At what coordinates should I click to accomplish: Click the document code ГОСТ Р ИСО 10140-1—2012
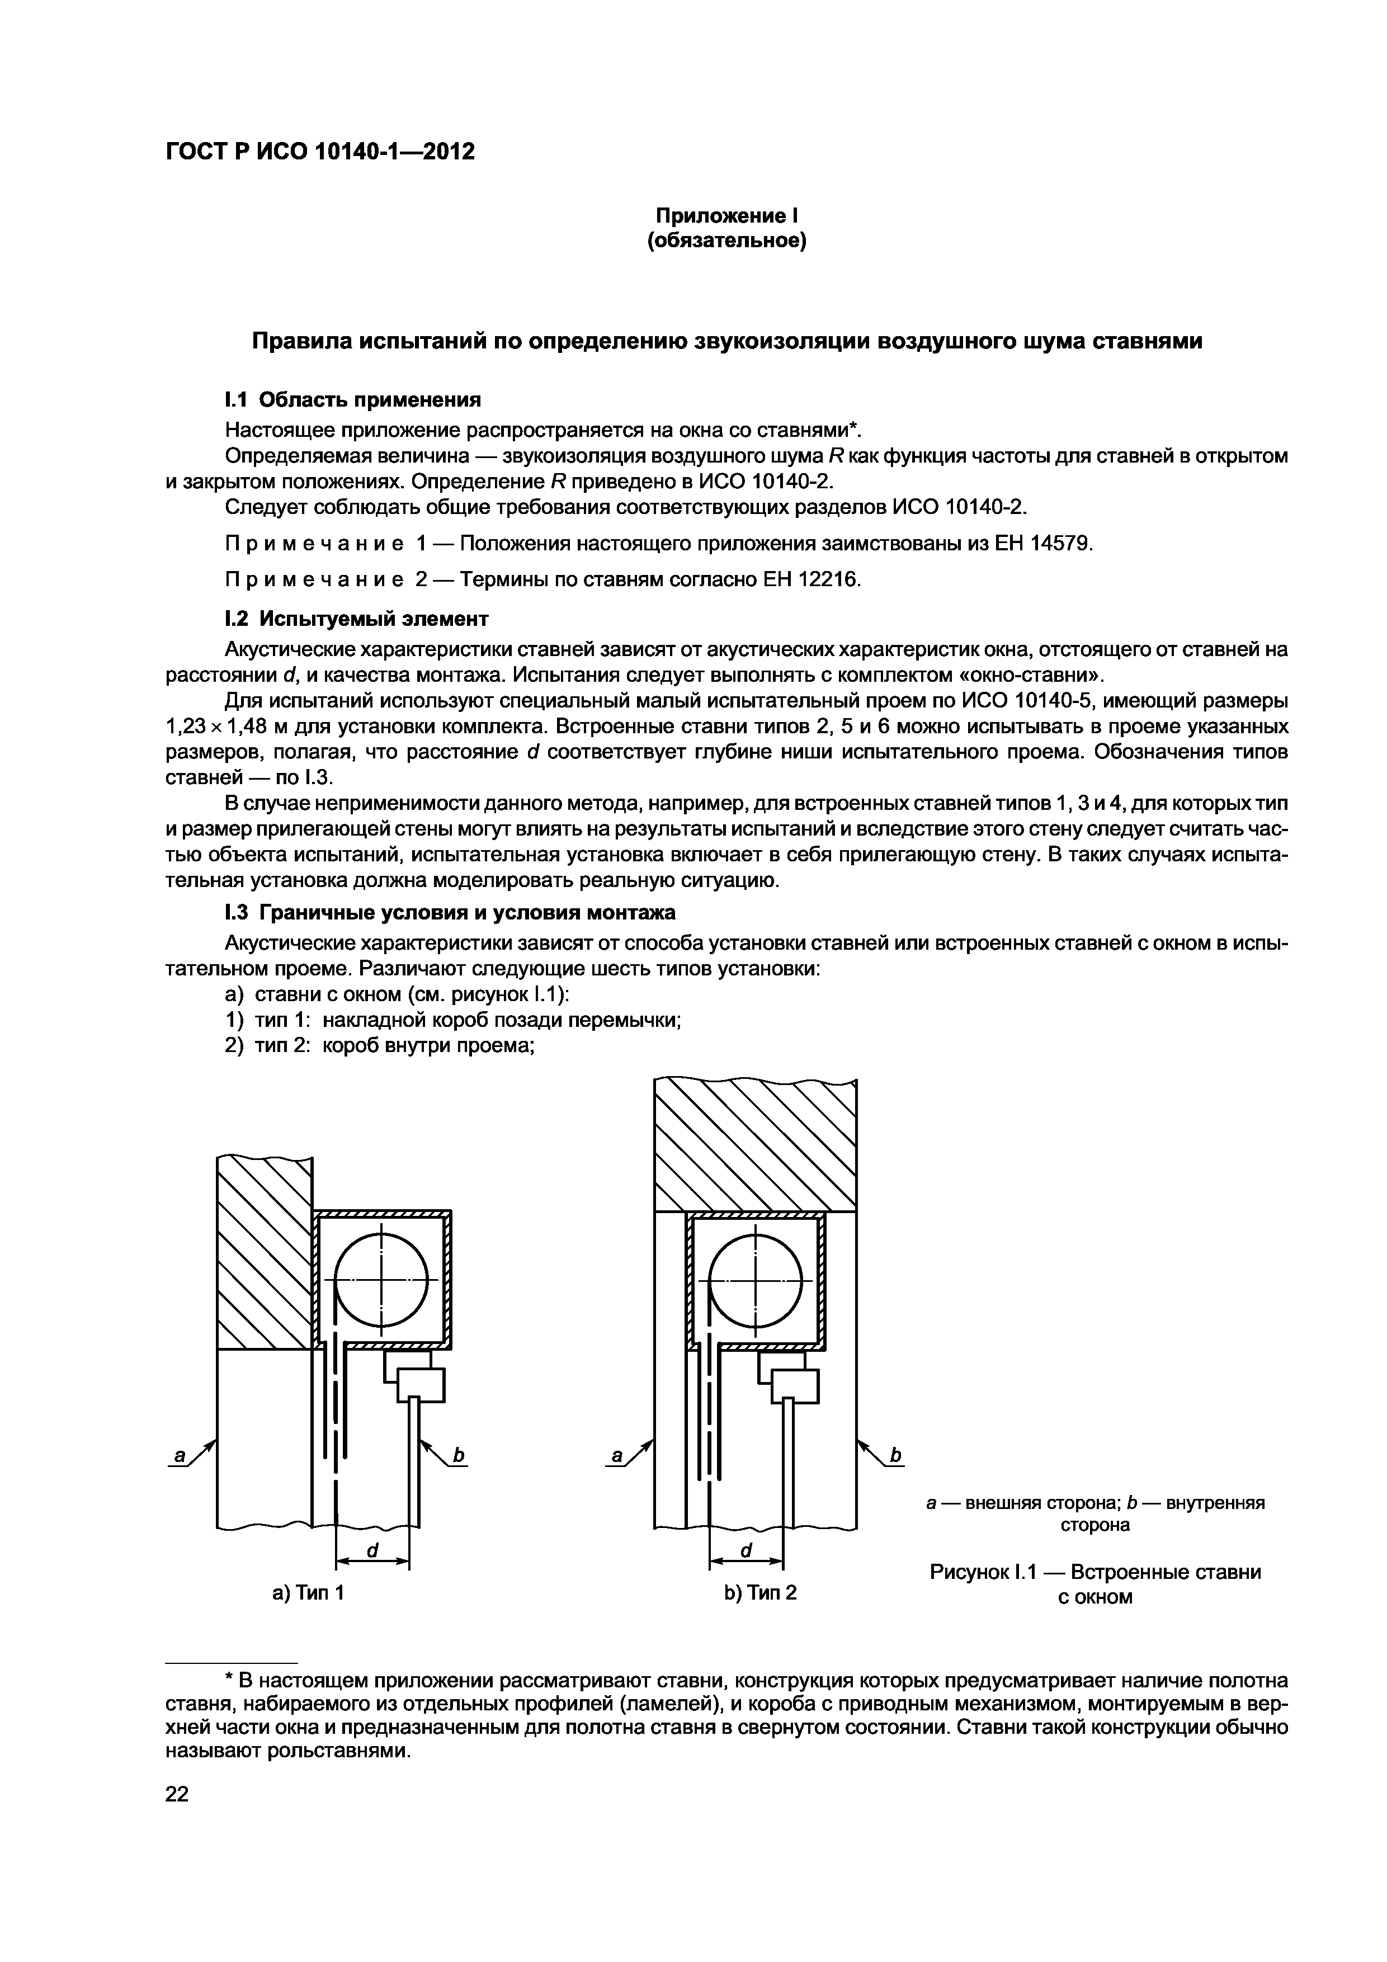click(319, 152)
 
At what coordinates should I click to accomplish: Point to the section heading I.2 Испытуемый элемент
click(356, 617)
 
